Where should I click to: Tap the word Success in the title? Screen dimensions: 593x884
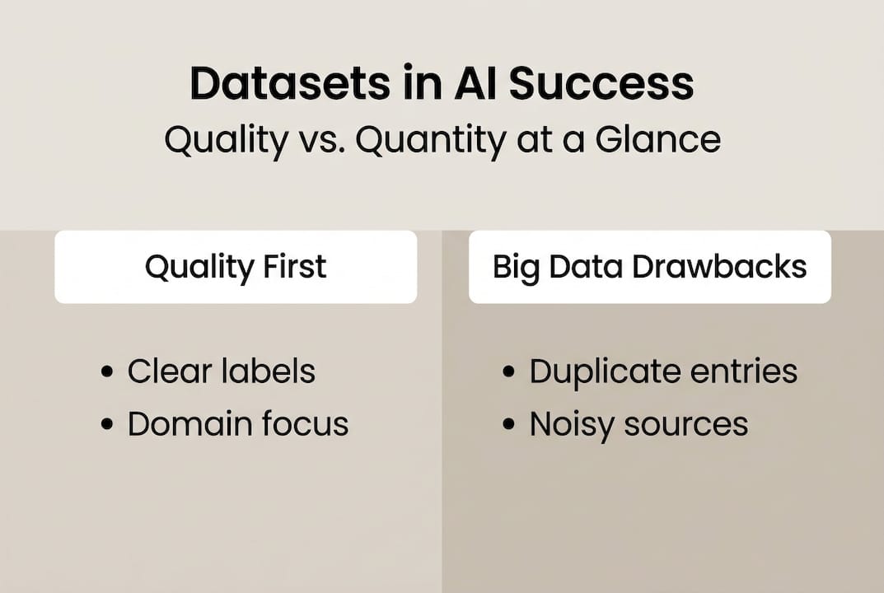600,84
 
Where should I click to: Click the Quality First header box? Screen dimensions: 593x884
236,267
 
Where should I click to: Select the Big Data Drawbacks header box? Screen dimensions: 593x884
649,267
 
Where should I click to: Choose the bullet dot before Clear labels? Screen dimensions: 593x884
106,372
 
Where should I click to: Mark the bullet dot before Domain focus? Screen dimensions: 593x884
106,425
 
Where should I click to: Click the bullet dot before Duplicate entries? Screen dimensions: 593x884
508,372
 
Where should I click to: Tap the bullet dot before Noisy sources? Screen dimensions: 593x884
508,425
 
